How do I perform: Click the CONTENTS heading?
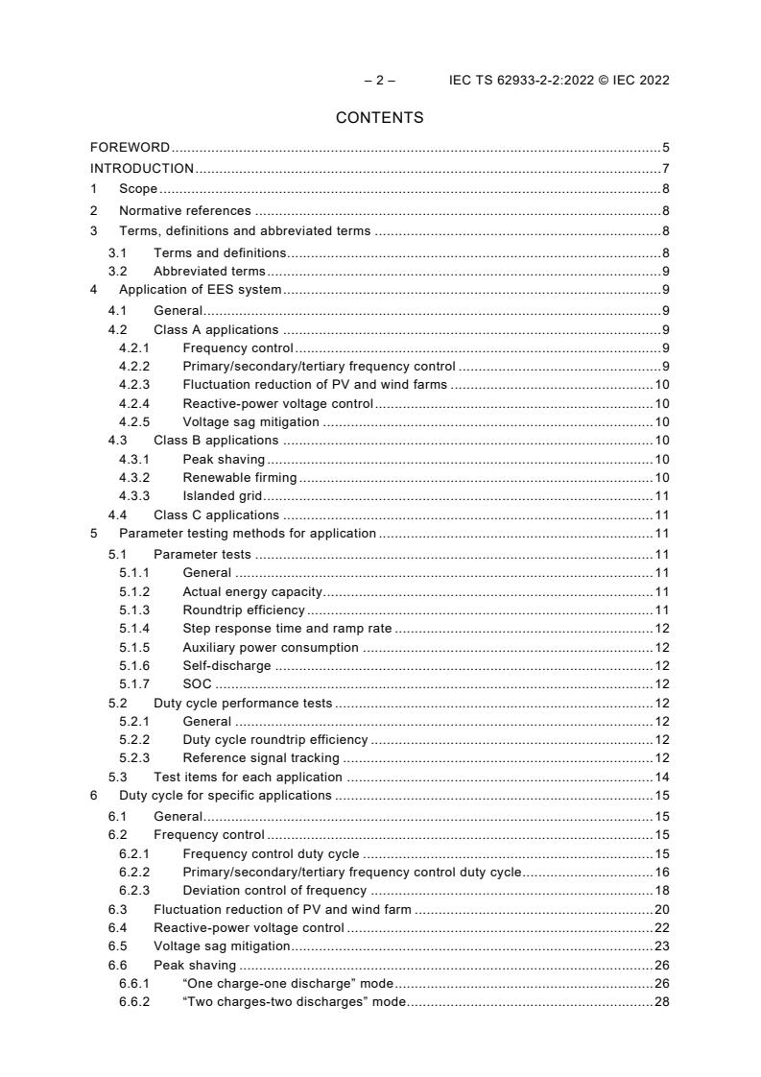pyautogui.click(x=379, y=118)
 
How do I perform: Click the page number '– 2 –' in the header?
pyautogui.click(x=379, y=81)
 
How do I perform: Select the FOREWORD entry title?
pyautogui.click(x=131, y=148)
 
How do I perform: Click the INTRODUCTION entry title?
pyautogui.click(x=142, y=168)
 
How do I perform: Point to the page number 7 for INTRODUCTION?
pyautogui.click(x=665, y=168)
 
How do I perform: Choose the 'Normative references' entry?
pyautogui.click(x=184, y=210)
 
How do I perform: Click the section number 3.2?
pyautogui.click(x=117, y=272)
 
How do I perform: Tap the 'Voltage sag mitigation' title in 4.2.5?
pyautogui.click(x=251, y=421)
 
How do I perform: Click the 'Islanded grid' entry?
pyautogui.click(x=223, y=496)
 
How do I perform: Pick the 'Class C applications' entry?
pyautogui.click(x=216, y=515)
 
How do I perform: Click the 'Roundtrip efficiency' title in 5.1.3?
pyautogui.click(x=244, y=610)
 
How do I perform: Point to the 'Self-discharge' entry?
pyautogui.click(x=226, y=666)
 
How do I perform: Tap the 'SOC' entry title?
pyautogui.click(x=197, y=684)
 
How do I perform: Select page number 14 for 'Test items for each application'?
pyautogui.click(x=661, y=778)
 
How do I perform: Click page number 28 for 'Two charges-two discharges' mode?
pyautogui.click(x=661, y=1002)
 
